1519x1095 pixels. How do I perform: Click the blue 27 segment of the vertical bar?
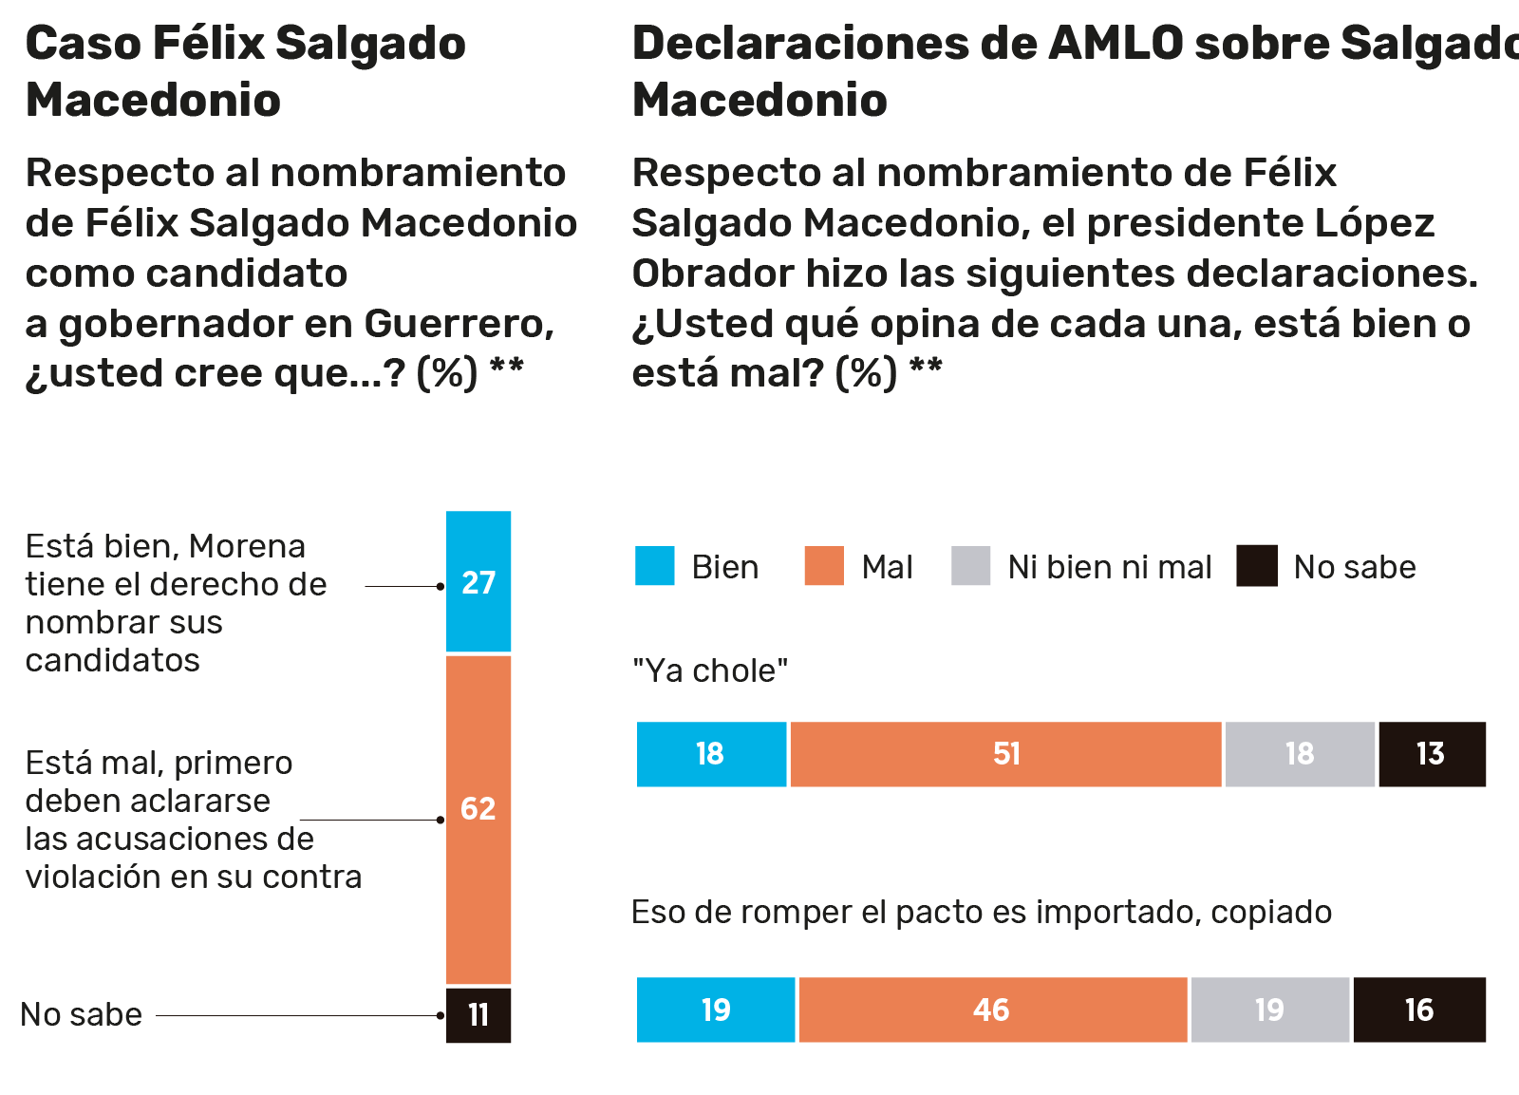[x=478, y=581]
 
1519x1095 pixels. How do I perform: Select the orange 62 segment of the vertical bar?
[x=478, y=820]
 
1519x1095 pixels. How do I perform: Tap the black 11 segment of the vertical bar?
[x=478, y=1015]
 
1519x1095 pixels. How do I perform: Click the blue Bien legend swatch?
[x=655, y=566]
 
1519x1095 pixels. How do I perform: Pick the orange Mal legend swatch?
[x=824, y=566]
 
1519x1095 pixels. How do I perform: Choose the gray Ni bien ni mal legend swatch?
[x=971, y=566]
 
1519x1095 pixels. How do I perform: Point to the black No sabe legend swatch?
[x=1257, y=566]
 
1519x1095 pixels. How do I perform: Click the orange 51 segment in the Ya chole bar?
[x=1005, y=754]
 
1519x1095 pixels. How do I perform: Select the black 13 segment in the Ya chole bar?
[x=1432, y=754]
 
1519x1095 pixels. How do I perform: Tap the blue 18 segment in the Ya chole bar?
[x=711, y=754]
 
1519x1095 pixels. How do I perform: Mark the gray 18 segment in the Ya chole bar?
[x=1300, y=754]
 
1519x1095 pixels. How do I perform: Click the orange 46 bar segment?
[x=993, y=1010]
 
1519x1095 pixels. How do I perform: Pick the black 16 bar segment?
[x=1419, y=1010]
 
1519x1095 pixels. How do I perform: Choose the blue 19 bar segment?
[x=716, y=1010]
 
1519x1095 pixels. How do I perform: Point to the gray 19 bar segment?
[x=1270, y=1010]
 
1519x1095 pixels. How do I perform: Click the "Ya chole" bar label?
[x=710, y=670]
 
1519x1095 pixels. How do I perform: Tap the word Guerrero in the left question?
[x=459, y=324]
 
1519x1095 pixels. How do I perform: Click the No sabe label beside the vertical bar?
[x=82, y=1014]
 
